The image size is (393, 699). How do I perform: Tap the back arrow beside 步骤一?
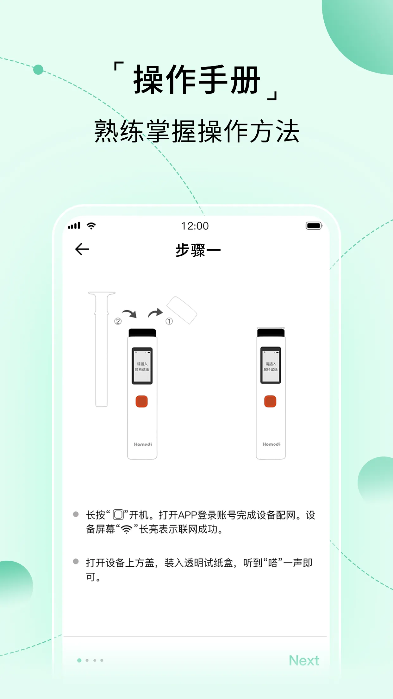pyautogui.click(x=82, y=249)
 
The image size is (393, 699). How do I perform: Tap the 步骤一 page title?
pyautogui.click(x=198, y=250)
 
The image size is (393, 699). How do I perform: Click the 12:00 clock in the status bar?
pyautogui.click(x=195, y=226)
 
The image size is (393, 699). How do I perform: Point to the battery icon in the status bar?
pyautogui.click(x=314, y=226)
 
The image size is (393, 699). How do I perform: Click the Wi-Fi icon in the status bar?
pyautogui.click(x=91, y=226)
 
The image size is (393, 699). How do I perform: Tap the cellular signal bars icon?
pyautogui.click(x=74, y=226)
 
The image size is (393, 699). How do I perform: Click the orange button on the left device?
pyautogui.click(x=142, y=401)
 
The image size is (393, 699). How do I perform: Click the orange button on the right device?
pyautogui.click(x=270, y=401)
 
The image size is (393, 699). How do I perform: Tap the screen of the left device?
pyautogui.click(x=142, y=366)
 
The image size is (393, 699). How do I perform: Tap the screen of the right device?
pyautogui.click(x=271, y=366)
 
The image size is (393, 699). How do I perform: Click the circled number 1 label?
pyautogui.click(x=169, y=321)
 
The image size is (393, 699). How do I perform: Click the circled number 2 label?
pyautogui.click(x=118, y=321)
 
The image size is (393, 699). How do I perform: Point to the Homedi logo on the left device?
pyautogui.click(x=143, y=444)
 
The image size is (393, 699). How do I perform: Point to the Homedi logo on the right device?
pyautogui.click(x=271, y=444)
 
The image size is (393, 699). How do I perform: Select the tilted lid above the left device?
pyautogui.click(x=182, y=310)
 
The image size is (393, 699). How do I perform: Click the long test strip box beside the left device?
pyautogui.click(x=102, y=348)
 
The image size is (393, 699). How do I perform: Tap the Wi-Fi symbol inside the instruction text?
pyautogui.click(x=127, y=529)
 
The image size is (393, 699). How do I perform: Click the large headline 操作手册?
pyautogui.click(x=197, y=80)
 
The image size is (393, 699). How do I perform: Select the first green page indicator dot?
pyautogui.click(x=79, y=660)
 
